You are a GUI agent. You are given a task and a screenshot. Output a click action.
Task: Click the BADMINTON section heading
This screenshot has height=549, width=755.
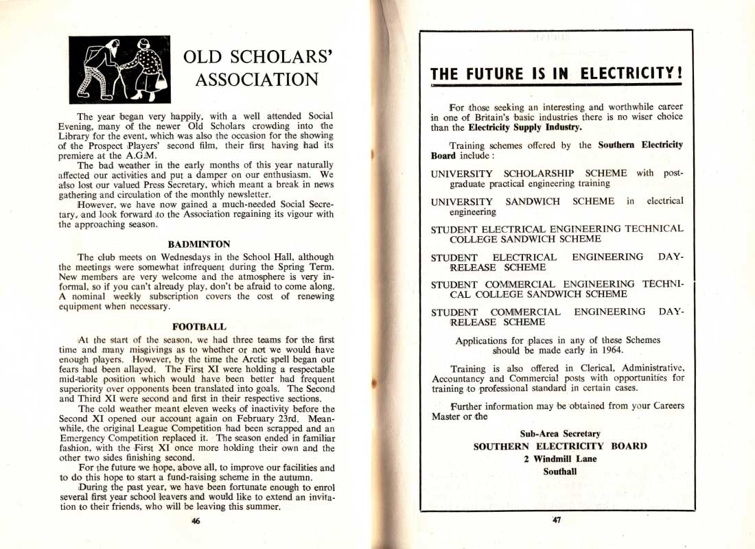[x=198, y=244]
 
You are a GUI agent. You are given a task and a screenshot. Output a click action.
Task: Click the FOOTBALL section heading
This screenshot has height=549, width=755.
[x=199, y=327]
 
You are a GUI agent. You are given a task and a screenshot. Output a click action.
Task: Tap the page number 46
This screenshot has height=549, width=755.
[x=196, y=520]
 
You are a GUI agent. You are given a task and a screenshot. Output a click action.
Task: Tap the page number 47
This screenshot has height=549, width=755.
[x=556, y=519]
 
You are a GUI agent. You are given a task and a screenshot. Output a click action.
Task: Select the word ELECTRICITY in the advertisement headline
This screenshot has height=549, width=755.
[x=630, y=73]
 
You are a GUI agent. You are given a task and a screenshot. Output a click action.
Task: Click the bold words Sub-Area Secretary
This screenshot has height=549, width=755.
[x=560, y=434]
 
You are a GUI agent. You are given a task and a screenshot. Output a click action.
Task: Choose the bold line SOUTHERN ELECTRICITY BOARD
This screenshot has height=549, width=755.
[x=560, y=446]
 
